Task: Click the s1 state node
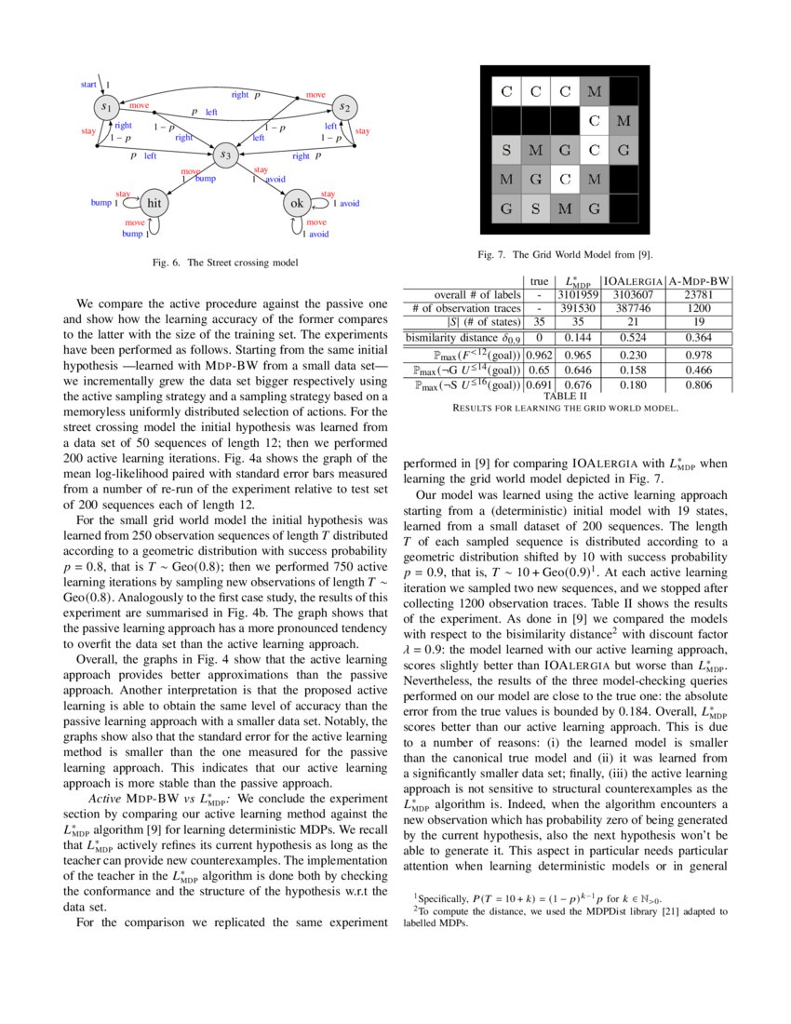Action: click(x=108, y=108)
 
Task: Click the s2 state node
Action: click(x=343, y=108)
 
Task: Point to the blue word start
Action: click(x=88, y=85)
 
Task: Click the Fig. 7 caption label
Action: click(x=495, y=253)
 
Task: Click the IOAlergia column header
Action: click(x=633, y=280)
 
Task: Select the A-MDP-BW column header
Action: click(x=698, y=280)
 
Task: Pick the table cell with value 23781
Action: click(x=698, y=294)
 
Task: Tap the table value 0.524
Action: click(x=633, y=337)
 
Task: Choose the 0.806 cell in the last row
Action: click(x=698, y=384)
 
